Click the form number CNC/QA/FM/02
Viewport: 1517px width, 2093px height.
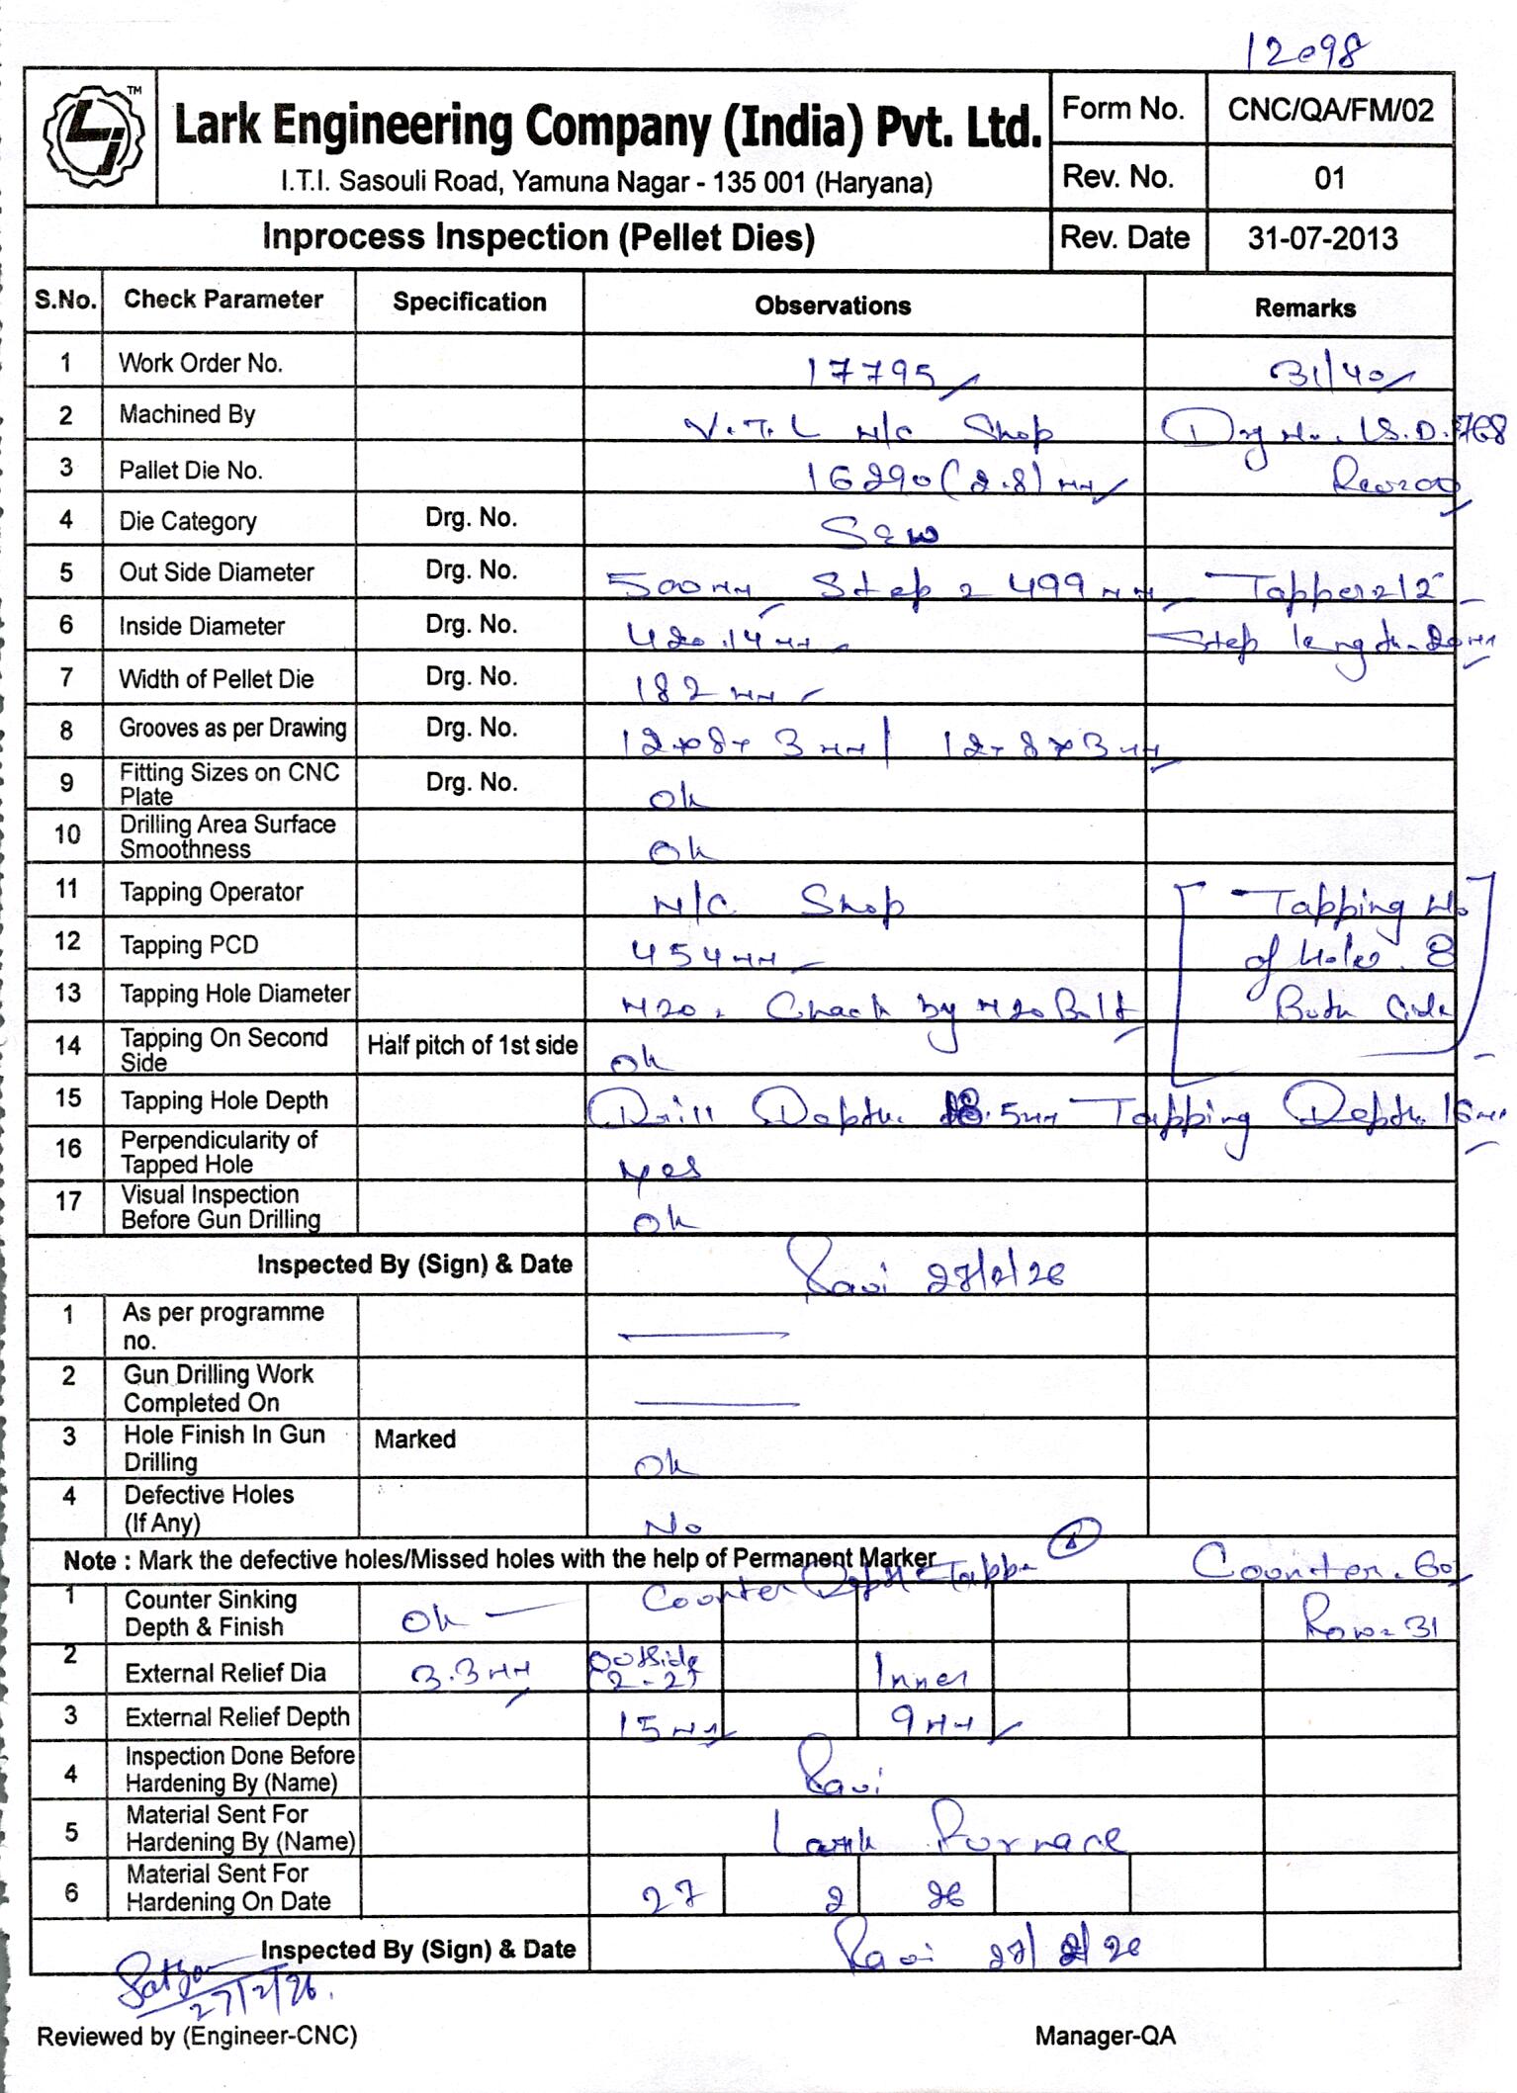(1329, 110)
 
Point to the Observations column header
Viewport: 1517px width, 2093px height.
(833, 305)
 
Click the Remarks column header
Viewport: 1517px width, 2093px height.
(1304, 307)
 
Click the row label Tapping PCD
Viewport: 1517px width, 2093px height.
(189, 945)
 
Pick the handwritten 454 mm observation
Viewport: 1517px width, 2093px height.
(706, 954)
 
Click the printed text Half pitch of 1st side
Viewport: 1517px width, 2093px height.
(472, 1045)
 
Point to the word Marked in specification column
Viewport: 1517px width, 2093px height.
(414, 1439)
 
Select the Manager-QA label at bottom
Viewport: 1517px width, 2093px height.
(1105, 2035)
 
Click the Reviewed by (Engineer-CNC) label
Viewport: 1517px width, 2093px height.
(197, 2035)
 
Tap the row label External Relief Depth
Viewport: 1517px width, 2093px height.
(237, 1717)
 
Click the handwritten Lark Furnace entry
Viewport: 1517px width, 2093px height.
(944, 1836)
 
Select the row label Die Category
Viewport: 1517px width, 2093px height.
(188, 521)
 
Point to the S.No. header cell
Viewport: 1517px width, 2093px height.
(64, 300)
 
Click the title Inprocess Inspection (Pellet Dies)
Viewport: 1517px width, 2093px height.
(538, 237)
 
